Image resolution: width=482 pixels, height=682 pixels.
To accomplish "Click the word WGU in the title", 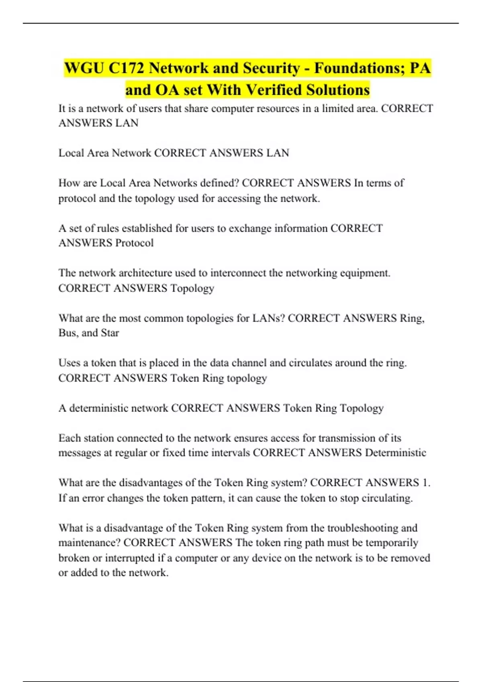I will [x=84, y=68].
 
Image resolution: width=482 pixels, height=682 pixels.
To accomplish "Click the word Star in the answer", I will [x=110, y=333].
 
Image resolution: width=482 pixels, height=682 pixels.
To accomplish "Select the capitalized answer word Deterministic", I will [x=395, y=453].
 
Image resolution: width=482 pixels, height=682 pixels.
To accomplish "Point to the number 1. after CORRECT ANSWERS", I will [x=426, y=482].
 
